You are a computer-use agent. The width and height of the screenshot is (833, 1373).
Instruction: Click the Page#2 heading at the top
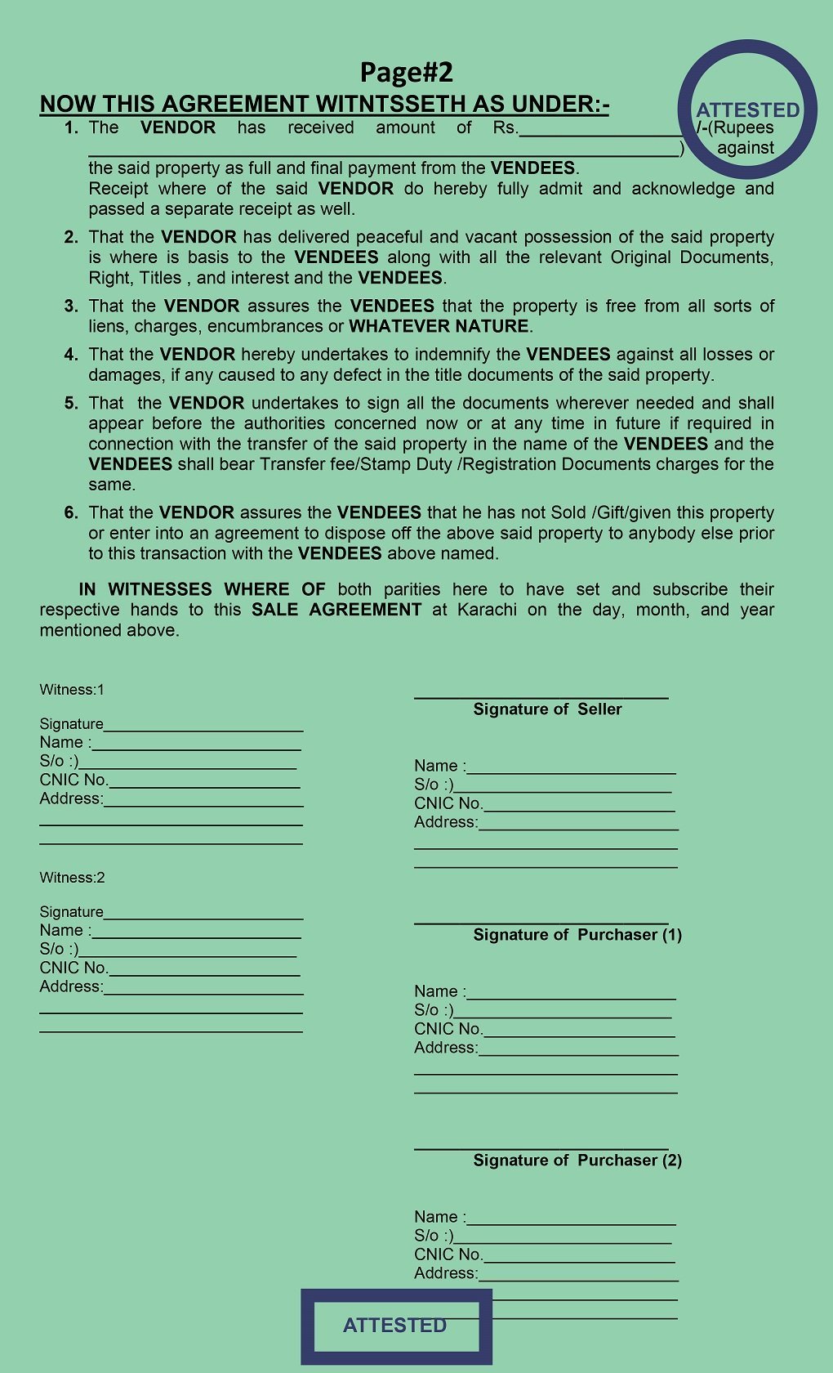(x=406, y=73)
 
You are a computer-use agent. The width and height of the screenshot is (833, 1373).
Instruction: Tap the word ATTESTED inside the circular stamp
(x=747, y=110)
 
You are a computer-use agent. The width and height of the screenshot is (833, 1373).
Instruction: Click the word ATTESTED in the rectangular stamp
(x=394, y=1325)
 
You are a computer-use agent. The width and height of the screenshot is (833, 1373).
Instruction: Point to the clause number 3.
(x=72, y=306)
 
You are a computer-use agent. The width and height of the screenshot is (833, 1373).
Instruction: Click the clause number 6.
(x=72, y=513)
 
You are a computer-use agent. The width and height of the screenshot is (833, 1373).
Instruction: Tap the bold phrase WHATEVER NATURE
(x=439, y=326)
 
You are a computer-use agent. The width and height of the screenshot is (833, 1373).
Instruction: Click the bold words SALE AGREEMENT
(x=336, y=610)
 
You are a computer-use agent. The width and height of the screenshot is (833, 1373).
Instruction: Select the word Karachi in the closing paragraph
(x=487, y=610)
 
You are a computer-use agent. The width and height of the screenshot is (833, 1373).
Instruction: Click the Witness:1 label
(x=72, y=690)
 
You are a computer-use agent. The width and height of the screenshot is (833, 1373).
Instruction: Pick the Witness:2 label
(x=72, y=878)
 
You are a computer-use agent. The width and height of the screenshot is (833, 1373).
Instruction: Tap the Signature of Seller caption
(x=547, y=709)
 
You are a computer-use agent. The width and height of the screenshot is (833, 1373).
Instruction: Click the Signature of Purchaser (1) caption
(x=577, y=935)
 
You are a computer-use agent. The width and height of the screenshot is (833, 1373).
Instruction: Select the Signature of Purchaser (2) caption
(x=577, y=1161)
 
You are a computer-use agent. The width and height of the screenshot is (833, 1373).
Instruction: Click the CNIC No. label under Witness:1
(x=73, y=780)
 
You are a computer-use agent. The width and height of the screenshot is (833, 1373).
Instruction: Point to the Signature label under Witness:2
(x=71, y=912)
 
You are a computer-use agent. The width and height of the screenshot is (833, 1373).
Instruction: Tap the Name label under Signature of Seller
(x=439, y=766)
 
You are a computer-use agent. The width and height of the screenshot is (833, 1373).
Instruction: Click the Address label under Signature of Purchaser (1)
(x=445, y=1048)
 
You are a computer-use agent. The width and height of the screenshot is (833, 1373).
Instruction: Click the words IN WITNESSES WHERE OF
(x=202, y=589)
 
